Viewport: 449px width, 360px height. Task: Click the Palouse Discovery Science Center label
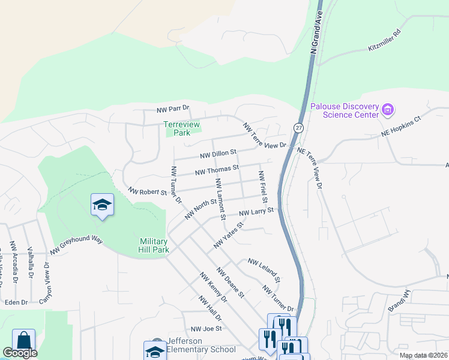point(345,110)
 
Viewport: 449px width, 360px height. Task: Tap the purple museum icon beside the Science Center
point(388,110)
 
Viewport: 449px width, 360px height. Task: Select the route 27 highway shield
point(298,127)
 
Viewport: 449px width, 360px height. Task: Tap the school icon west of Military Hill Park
point(102,206)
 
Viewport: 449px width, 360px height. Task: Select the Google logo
point(20,353)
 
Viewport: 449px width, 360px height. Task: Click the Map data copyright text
point(423,355)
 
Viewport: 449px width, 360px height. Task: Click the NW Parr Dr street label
point(172,110)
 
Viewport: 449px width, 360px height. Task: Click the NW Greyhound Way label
point(76,245)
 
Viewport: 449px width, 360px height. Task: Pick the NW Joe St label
point(206,329)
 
